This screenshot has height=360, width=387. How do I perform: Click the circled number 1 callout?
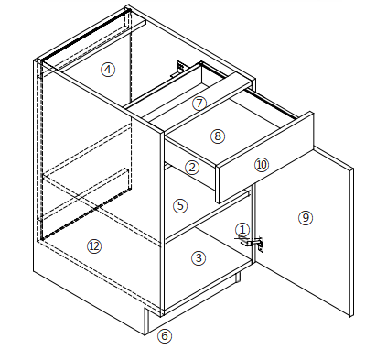click(242, 230)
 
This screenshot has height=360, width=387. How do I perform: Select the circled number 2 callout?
click(192, 168)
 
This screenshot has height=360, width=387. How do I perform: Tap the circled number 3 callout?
click(199, 258)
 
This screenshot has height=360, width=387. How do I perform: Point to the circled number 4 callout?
click(108, 70)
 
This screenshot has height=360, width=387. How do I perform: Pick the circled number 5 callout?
click(180, 206)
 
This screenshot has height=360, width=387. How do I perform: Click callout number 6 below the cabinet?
click(165, 336)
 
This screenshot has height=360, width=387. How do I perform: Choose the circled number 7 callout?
click(199, 103)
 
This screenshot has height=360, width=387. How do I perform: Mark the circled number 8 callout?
click(218, 136)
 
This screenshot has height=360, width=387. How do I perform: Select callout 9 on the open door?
click(306, 218)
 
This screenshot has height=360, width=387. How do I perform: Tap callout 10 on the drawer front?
click(262, 165)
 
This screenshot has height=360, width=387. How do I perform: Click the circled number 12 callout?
click(94, 246)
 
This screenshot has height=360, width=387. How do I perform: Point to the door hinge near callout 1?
click(253, 243)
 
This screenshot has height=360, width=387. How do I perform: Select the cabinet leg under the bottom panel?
click(237, 277)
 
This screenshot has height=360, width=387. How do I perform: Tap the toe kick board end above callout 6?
click(146, 322)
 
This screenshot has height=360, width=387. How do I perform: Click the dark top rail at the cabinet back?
click(86, 35)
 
